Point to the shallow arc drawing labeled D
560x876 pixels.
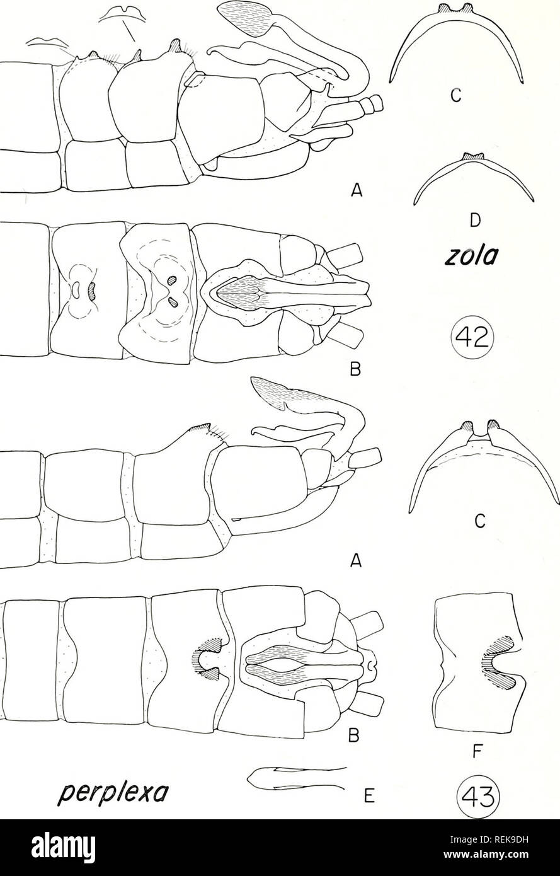pos(472,176)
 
